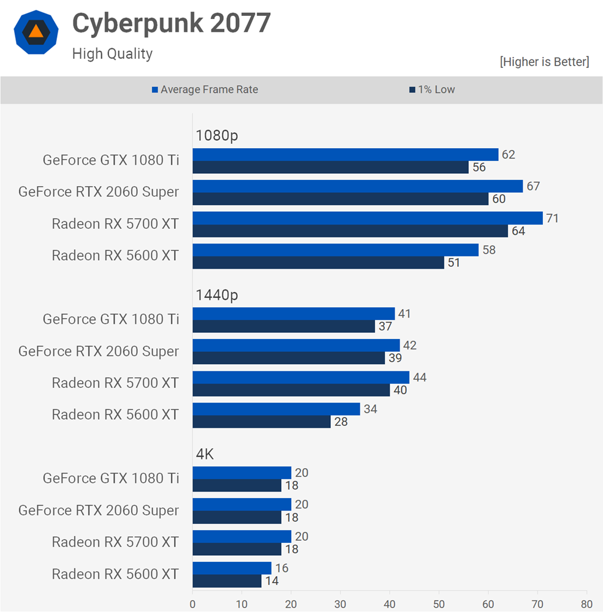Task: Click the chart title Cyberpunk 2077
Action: (x=171, y=24)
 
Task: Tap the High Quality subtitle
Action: (x=112, y=54)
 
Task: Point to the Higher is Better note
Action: (x=544, y=62)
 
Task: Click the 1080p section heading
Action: (x=216, y=136)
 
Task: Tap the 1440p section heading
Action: (x=216, y=295)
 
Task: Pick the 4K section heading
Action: (x=205, y=454)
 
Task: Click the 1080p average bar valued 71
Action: (x=368, y=218)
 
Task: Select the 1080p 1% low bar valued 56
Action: (x=331, y=168)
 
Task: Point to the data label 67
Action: (x=533, y=186)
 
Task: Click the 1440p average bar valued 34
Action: (x=276, y=409)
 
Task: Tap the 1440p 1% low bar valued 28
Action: (x=262, y=422)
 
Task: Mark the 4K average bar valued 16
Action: (x=232, y=568)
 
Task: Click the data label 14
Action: (x=272, y=581)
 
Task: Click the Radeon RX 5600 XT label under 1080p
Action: (x=115, y=256)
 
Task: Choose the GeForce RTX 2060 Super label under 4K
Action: (x=99, y=510)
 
